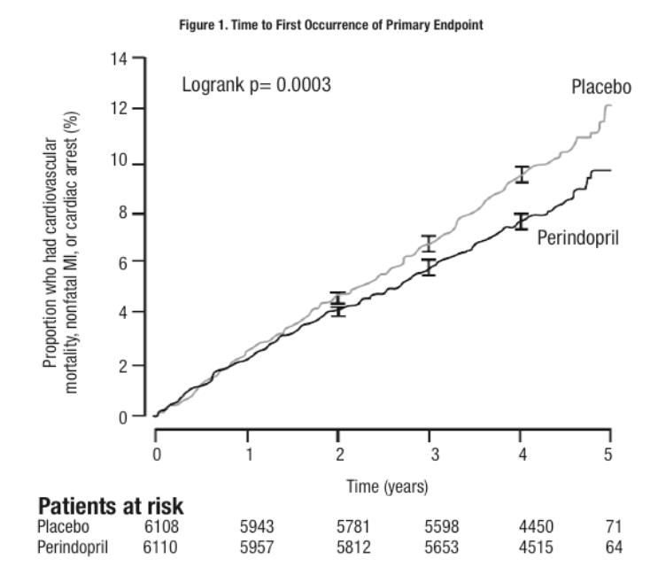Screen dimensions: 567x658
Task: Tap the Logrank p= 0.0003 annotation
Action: pyautogui.click(x=256, y=86)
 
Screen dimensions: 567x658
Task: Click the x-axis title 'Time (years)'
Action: pyautogui.click(x=386, y=486)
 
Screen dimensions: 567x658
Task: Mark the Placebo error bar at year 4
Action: pyautogui.click(x=522, y=174)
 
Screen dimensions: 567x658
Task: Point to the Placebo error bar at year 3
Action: pyautogui.click(x=429, y=243)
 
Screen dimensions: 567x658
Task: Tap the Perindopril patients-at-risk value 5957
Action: pyautogui.click(x=256, y=547)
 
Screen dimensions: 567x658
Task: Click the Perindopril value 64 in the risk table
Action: pyautogui.click(x=614, y=547)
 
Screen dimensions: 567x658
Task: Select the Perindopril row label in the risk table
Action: pyautogui.click(x=73, y=547)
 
